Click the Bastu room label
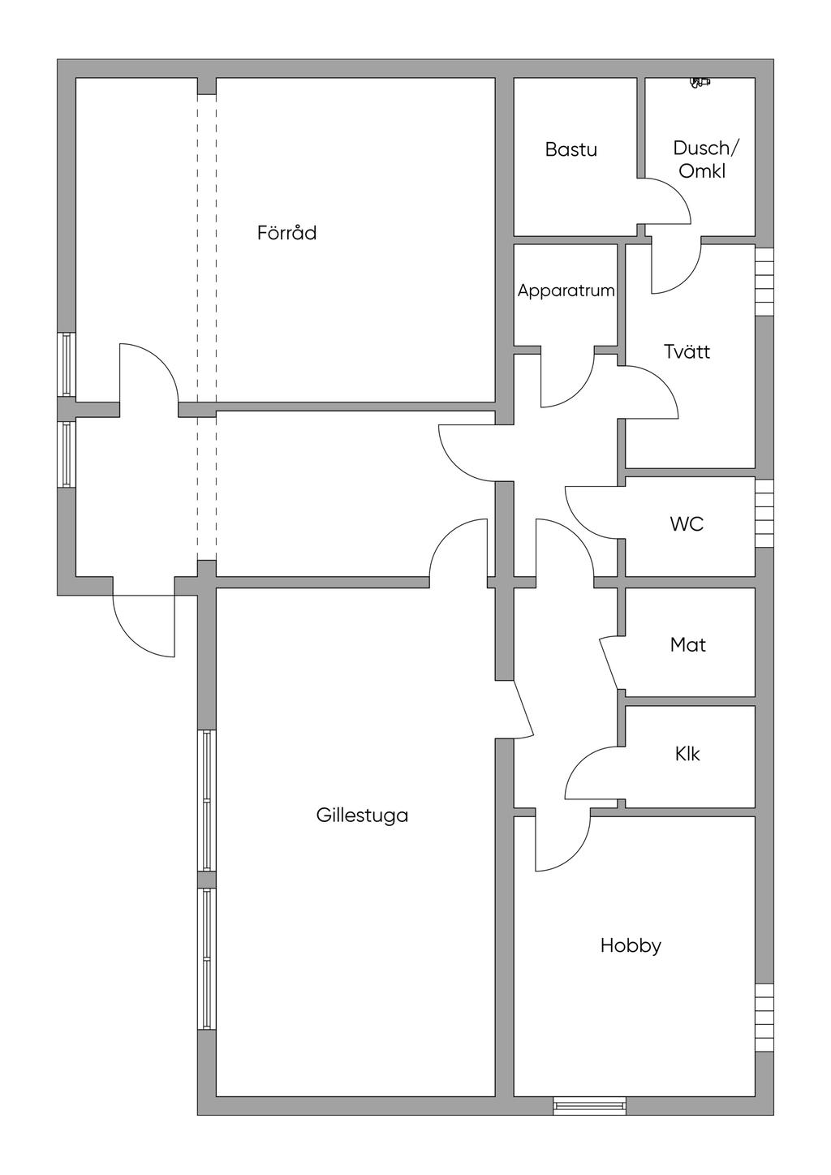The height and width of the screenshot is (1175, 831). click(x=571, y=149)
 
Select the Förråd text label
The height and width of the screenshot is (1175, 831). click(x=286, y=234)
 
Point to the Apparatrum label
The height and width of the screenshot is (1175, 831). click(x=566, y=291)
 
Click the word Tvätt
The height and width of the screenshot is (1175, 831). click(x=687, y=352)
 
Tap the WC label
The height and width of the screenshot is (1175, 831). click(x=687, y=524)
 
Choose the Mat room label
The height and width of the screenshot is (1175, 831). click(x=687, y=645)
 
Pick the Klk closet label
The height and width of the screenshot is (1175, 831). click(x=687, y=754)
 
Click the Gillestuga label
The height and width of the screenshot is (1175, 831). click(x=362, y=816)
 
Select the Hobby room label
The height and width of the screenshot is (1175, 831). click(x=631, y=945)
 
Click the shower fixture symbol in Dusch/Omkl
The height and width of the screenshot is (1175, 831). click(x=699, y=81)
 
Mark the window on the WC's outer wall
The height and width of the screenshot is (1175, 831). click(x=764, y=514)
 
